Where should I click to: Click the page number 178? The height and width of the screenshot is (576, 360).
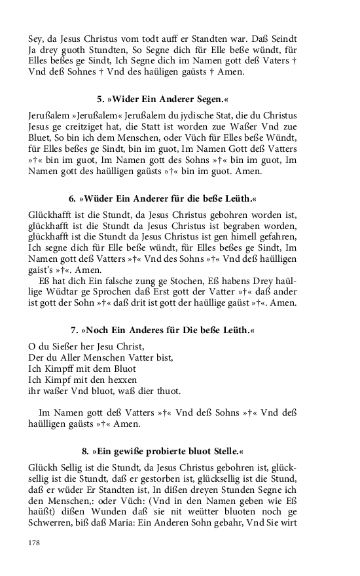point(35,543)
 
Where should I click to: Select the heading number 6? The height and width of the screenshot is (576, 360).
point(73,198)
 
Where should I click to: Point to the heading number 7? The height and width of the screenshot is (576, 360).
point(74,330)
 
